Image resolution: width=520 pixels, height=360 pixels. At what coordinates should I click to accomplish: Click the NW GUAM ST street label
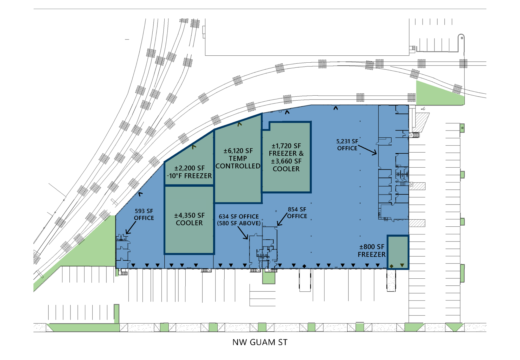point(260,342)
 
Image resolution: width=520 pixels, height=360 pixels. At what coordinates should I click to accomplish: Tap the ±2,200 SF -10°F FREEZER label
point(189,172)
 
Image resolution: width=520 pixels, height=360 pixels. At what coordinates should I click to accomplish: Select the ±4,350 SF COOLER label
point(189,219)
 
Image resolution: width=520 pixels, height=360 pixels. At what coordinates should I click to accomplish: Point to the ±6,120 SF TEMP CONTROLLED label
point(238,158)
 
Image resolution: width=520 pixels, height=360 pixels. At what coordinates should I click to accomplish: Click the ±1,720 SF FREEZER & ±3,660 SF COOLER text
point(286,157)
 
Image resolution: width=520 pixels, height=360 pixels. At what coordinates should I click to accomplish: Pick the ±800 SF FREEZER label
point(372,251)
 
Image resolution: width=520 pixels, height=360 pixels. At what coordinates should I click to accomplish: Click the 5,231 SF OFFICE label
point(347,145)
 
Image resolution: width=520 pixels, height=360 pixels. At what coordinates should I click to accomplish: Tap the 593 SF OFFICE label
point(144,214)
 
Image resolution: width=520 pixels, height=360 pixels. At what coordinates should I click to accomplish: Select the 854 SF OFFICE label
point(297,213)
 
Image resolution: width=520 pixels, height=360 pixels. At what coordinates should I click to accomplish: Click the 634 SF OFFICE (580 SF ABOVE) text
point(239,220)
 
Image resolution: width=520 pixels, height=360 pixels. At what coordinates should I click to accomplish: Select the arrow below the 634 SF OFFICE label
point(243,233)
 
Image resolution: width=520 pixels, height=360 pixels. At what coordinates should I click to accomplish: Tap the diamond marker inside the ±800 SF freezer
point(392,266)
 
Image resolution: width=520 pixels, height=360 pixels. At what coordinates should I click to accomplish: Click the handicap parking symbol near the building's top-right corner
point(423,109)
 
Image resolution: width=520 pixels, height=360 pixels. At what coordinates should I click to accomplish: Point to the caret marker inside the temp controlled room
point(239,124)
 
